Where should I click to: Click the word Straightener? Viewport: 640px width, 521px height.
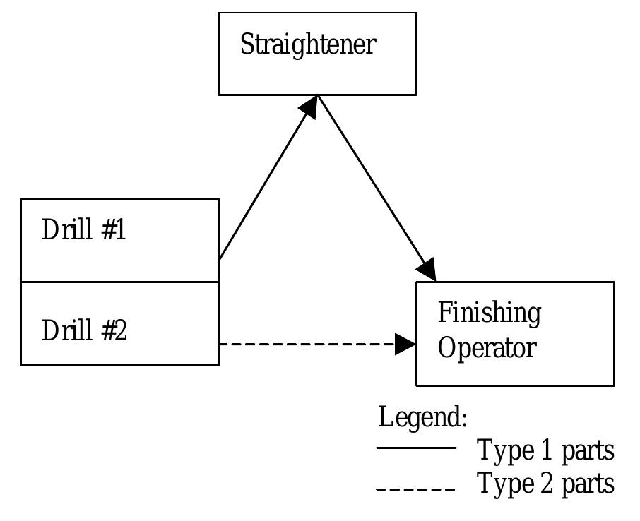308,45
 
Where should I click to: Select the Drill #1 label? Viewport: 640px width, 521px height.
84,230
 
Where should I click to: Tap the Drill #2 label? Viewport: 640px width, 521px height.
85,330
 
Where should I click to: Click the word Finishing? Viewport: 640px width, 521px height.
489,313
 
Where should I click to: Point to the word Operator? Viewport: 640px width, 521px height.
487,348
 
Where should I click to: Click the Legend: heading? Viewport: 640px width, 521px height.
422,417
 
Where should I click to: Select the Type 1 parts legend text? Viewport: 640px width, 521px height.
545,450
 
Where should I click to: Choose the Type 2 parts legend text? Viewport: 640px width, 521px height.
545,484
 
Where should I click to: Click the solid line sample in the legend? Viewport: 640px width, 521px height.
416,448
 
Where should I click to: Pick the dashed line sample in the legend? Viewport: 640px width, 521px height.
416,489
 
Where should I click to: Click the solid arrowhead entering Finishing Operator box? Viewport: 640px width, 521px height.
426,269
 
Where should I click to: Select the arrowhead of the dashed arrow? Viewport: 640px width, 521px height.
405,345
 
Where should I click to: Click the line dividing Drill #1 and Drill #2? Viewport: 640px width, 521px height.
120,282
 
